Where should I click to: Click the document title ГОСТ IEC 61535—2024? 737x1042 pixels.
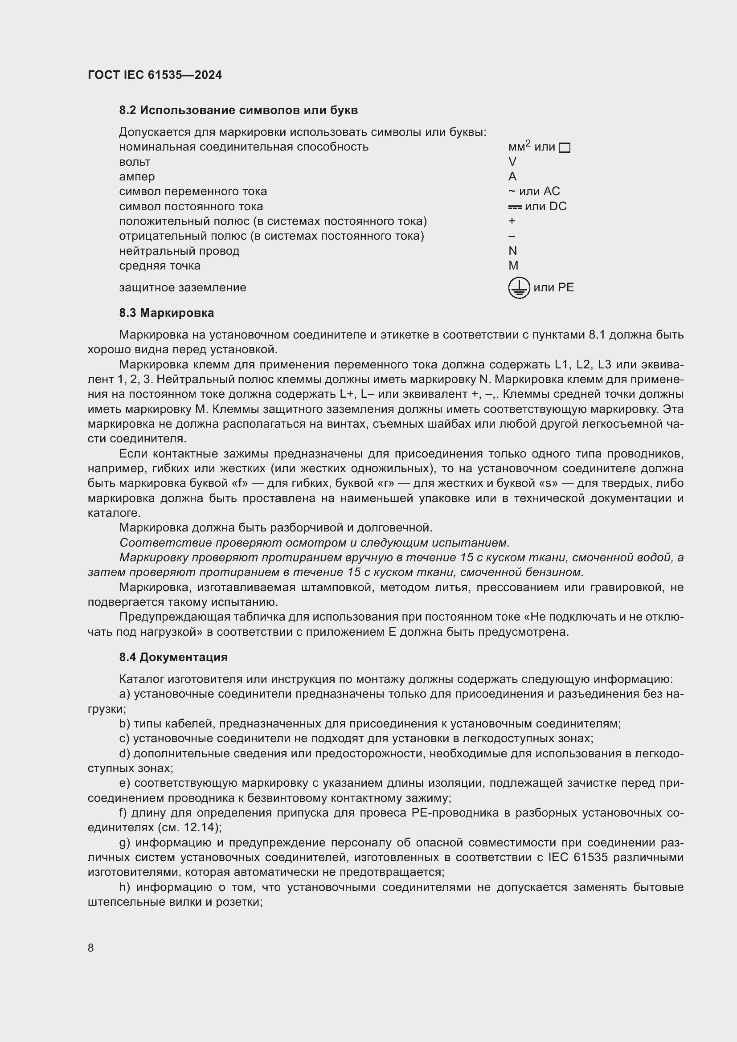pos(155,75)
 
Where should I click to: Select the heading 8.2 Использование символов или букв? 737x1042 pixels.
pos(238,110)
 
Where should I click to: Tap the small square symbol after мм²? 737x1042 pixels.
pos(564,148)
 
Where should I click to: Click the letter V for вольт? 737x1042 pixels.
pos(512,162)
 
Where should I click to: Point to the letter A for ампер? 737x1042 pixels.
pos(512,176)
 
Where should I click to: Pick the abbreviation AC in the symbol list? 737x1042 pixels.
pos(551,192)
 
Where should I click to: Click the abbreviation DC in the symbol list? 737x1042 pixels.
pos(558,207)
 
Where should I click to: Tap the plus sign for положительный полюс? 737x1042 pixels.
pos(512,221)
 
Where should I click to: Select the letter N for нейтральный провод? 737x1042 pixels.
pos(513,251)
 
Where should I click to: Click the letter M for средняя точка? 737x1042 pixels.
pos(513,266)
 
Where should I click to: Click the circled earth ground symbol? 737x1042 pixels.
pos(519,288)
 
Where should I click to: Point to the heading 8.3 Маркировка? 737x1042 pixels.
pos(167,313)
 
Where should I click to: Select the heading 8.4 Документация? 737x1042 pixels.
pos(173,657)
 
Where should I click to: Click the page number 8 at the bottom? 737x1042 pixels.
pos(91,948)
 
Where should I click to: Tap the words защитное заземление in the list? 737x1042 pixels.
pos(182,288)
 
